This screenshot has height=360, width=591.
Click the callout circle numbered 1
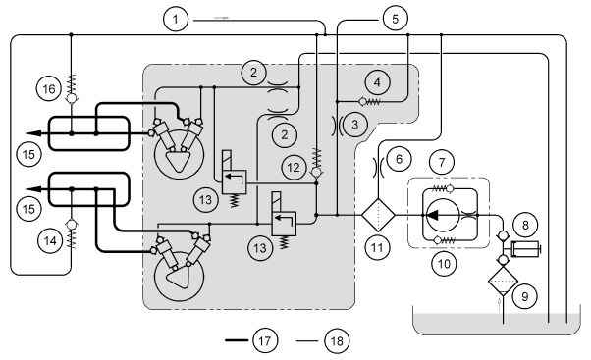point(176,19)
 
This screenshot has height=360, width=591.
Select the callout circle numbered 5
point(395,19)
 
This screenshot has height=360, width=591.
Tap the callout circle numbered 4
point(377,82)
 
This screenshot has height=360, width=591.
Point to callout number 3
point(354,125)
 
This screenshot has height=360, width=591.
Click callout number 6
point(399,159)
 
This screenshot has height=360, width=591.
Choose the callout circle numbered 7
point(442,162)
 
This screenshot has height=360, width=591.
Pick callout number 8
point(525,225)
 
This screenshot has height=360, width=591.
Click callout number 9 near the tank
point(524,296)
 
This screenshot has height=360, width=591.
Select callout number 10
point(444,264)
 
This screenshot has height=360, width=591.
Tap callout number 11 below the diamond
point(377,247)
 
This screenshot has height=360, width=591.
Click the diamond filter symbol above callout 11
point(378,215)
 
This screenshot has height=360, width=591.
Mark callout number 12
point(294,167)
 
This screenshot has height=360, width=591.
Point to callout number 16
point(49,89)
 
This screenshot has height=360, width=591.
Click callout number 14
point(50,240)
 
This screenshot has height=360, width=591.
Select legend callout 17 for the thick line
point(265,340)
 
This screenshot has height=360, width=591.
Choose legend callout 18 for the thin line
point(337,340)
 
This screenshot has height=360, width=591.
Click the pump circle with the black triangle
point(443,215)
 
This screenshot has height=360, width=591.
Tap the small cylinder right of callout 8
point(526,249)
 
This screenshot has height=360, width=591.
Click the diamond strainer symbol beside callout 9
point(504,281)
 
